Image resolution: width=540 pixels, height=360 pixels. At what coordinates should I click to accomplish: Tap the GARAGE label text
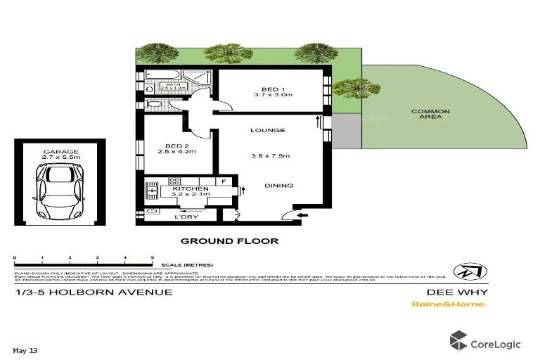pos(60,152)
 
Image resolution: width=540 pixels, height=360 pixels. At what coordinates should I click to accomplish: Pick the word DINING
pos(279,186)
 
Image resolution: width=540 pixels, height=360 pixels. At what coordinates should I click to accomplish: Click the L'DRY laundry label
pos(184,217)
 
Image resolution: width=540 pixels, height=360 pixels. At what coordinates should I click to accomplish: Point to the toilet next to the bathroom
pos(153,105)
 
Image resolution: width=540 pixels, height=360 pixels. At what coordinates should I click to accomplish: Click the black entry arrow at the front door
pos(302,217)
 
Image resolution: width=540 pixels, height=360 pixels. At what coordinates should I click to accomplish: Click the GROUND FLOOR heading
pos(229,241)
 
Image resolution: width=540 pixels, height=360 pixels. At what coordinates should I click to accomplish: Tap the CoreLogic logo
pos(487,343)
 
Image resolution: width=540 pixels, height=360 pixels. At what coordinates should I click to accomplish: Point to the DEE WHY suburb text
pos(457,292)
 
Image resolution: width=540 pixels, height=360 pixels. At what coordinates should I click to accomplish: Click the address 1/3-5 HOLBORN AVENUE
pos(93,292)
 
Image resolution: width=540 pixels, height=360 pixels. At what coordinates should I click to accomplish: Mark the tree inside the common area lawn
pos(349,89)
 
